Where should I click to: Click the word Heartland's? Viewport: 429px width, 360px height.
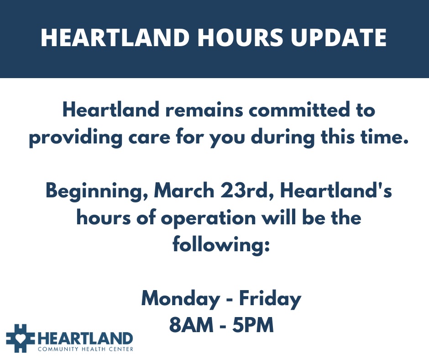coord(336,191)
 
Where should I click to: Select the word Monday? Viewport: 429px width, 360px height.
coord(180,300)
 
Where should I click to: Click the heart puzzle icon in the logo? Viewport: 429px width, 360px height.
coord(21,339)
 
